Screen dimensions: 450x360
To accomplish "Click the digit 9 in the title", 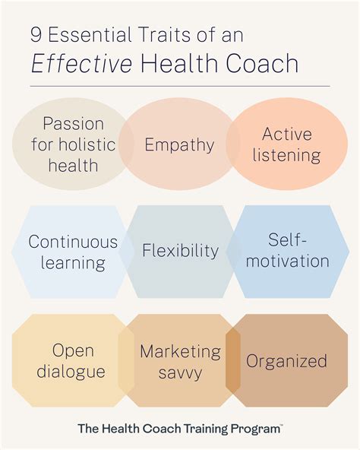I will point(36,34).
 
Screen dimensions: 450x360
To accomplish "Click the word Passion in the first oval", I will point(74,123).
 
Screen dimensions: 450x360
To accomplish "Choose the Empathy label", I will point(180,144).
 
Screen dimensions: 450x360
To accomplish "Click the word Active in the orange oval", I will point(288,134).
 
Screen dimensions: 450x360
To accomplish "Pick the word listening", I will point(288,156).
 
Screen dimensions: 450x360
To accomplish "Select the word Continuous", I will point(73,242).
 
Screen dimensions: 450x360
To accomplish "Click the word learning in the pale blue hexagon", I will point(73,263).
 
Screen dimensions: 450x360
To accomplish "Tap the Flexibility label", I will point(180,250).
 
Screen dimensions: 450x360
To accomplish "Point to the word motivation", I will point(288,261).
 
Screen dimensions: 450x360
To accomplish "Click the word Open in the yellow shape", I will point(73,350).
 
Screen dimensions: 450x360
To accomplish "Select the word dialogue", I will point(73,372).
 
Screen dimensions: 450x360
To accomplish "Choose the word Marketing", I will point(180,351).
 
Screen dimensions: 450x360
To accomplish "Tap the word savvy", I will point(180,372).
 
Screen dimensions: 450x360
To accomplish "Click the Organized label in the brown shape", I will point(288,361).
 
